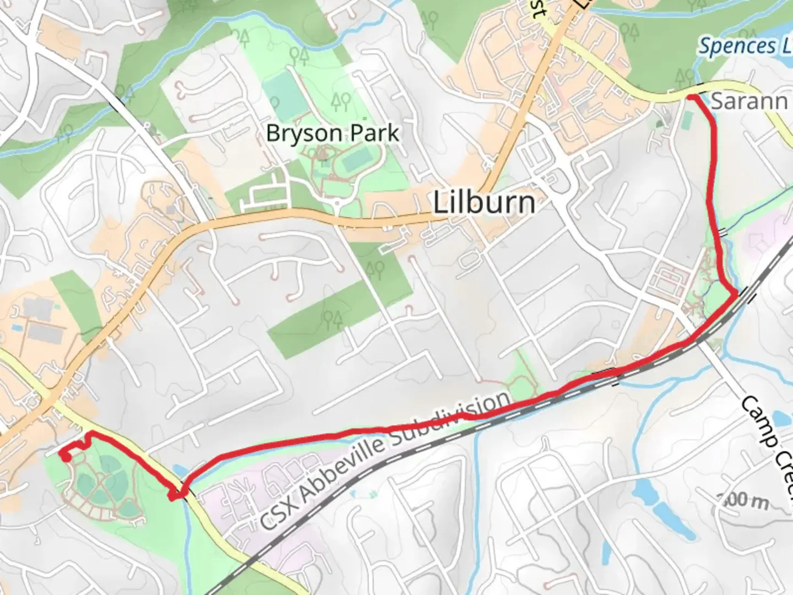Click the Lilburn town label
coord(484,203)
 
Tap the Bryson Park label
coord(333,133)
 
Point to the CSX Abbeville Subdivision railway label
coord(385,460)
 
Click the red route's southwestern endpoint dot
coord(66,457)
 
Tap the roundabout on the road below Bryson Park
coord(337,205)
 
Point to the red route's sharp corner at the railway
coord(735,295)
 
